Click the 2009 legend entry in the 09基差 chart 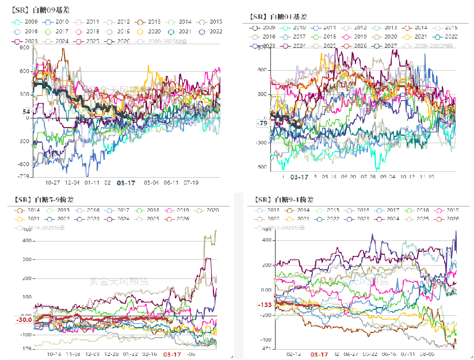point(28,21)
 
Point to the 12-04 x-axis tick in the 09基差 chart point(72,182)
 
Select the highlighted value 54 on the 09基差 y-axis point(25,111)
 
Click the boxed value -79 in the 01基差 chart point(262,124)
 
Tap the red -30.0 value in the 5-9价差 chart point(23,319)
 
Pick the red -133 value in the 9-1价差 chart point(265,305)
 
